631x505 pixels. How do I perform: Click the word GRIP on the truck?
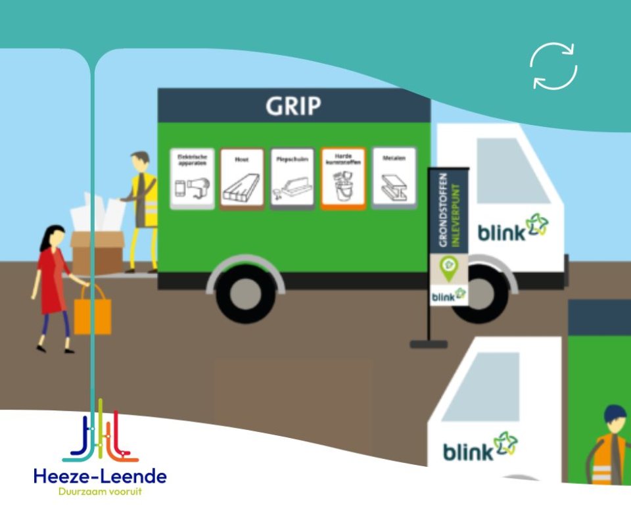293,106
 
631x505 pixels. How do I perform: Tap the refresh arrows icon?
553,66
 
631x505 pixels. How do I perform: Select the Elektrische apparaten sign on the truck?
192,178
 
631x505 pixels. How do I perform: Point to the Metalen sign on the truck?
394,178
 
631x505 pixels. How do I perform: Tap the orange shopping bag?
92,315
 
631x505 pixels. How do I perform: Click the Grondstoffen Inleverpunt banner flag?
448,237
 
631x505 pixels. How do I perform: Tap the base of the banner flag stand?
429,344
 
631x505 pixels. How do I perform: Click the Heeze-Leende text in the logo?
100,475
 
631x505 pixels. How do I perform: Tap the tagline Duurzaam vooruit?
100,491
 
